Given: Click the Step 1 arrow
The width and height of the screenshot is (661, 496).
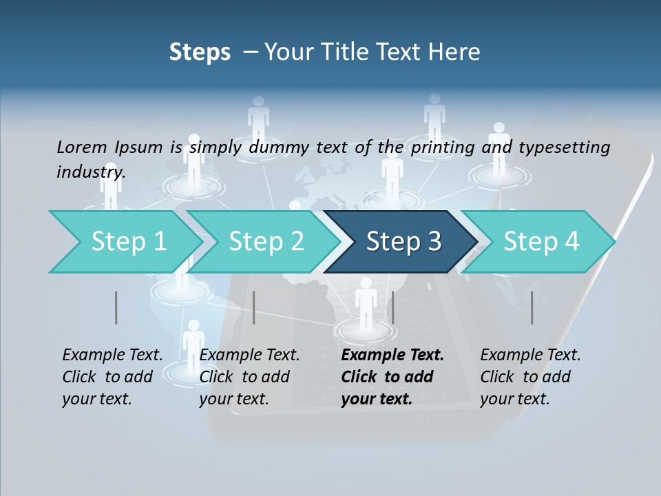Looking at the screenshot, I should (124, 242).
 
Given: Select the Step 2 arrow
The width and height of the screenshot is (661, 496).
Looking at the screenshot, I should (265, 242).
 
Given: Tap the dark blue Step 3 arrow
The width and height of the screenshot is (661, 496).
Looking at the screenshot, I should (403, 242).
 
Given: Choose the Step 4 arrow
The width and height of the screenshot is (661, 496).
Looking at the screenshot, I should (541, 242).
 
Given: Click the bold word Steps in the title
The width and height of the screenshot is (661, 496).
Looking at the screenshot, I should (200, 52).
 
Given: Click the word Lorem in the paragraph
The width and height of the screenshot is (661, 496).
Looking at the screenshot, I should (82, 147).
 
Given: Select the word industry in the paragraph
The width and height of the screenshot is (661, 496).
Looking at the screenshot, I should (90, 172).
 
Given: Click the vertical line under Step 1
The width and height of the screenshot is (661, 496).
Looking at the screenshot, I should (116, 307).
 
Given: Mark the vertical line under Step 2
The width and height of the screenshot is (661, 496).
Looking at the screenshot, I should (254, 307).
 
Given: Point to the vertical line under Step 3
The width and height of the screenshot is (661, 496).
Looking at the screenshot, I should (392, 307).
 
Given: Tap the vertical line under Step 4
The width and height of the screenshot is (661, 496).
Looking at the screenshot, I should (532, 307).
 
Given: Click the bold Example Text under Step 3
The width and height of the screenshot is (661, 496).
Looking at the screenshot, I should (392, 355).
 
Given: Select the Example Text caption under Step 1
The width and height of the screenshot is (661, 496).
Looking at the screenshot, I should (112, 355).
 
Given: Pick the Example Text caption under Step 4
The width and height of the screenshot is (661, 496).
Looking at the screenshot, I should (530, 355).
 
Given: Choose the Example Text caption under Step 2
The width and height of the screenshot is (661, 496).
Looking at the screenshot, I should (249, 355).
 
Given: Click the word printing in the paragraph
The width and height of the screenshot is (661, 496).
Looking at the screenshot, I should (441, 147).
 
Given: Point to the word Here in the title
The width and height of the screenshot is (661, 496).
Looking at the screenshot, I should (457, 52).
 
